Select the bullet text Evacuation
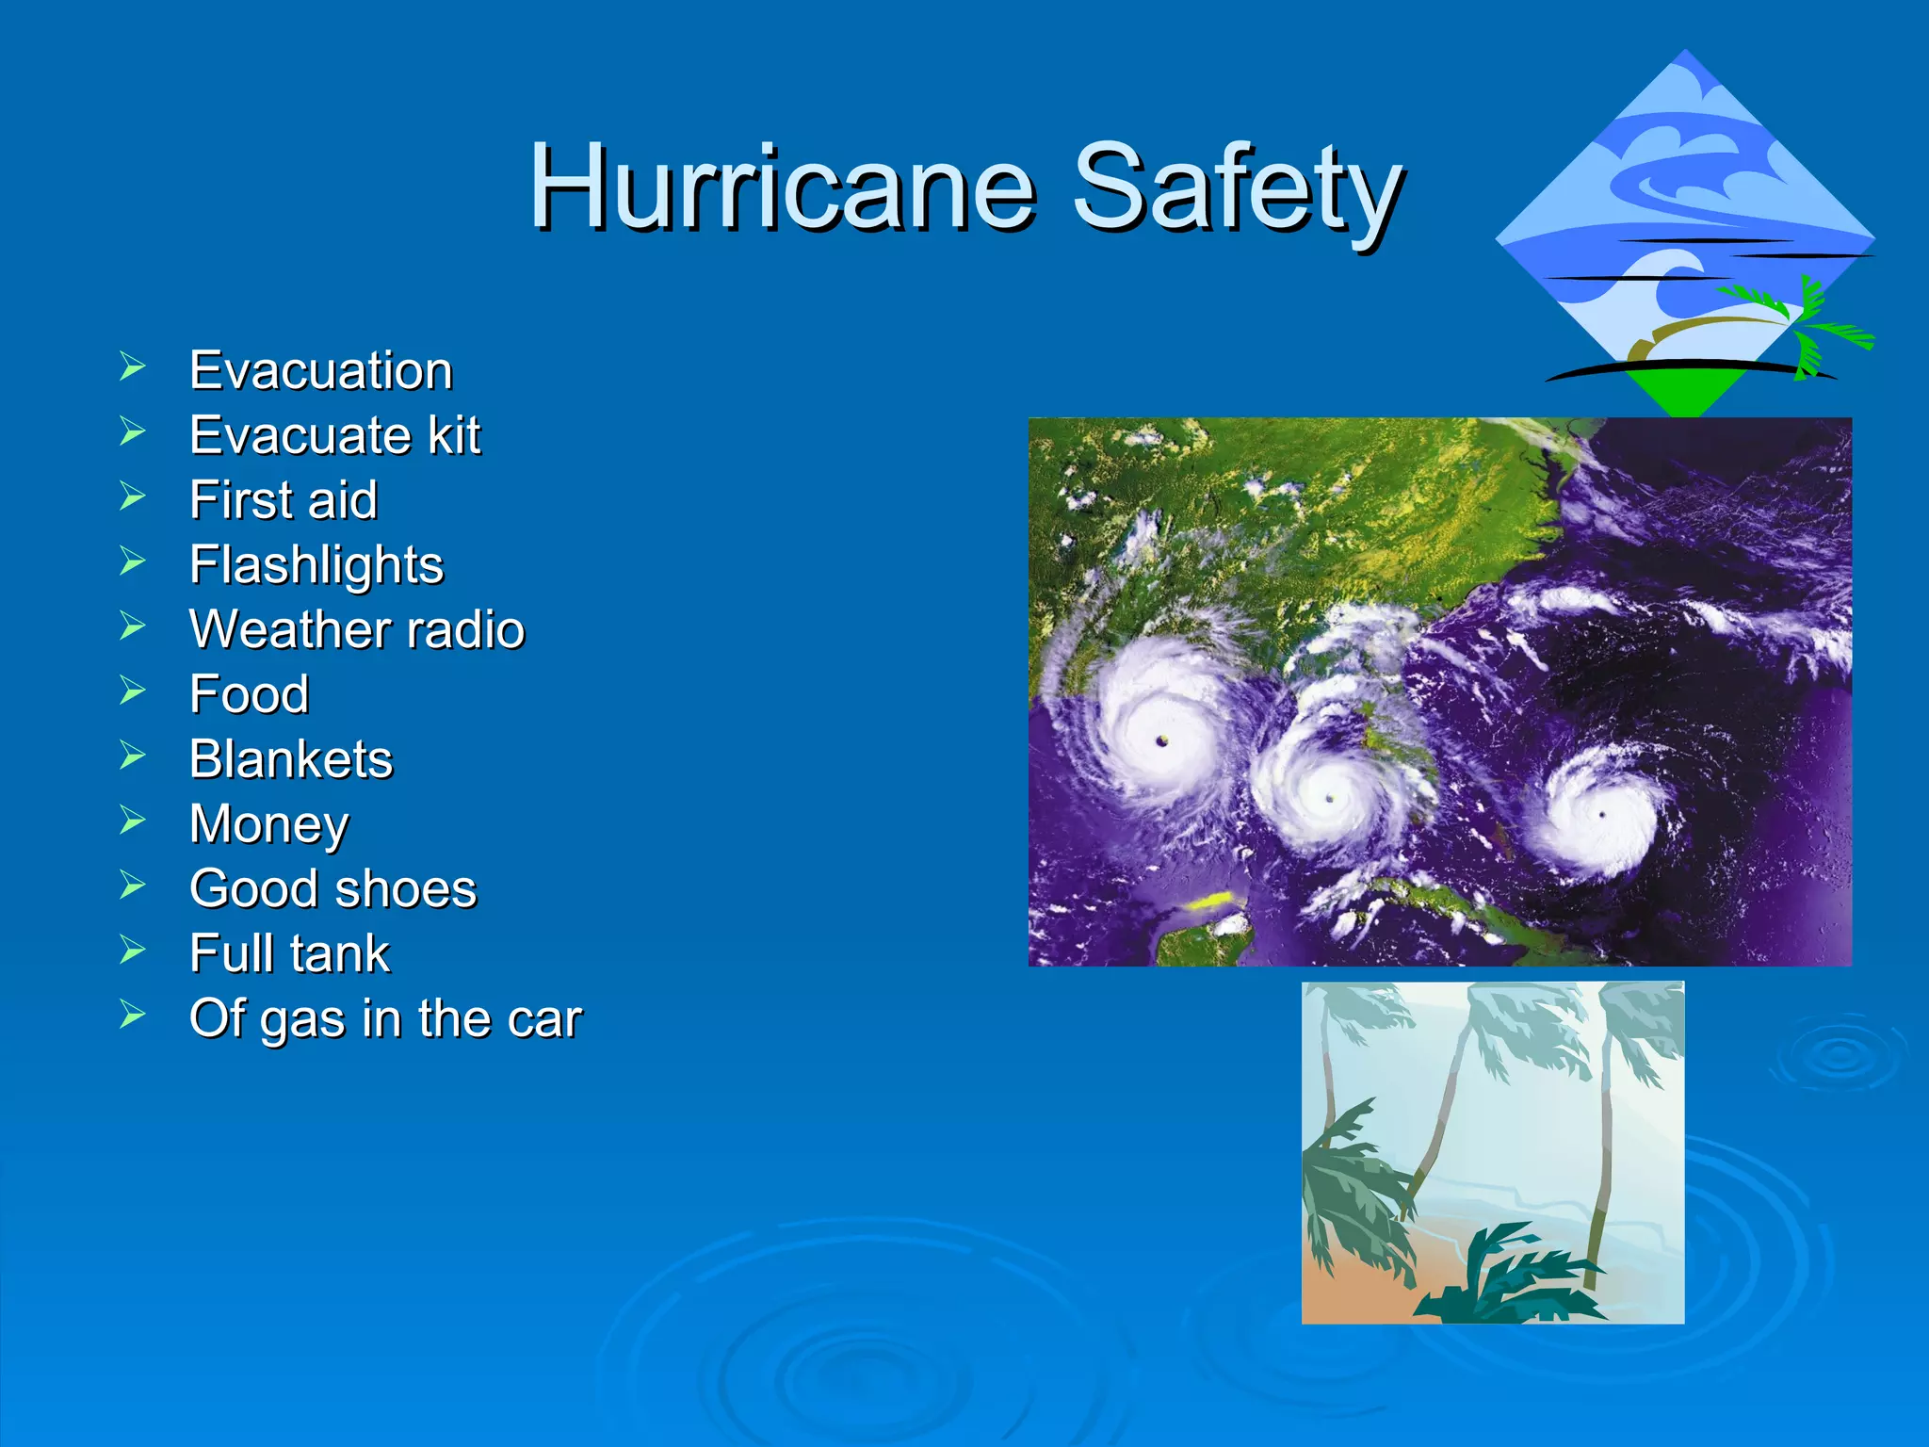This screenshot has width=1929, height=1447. [x=321, y=370]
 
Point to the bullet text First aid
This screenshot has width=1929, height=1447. [x=284, y=500]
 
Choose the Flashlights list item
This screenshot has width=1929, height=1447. [x=316, y=565]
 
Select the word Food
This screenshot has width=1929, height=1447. [x=250, y=694]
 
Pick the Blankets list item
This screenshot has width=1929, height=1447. [x=291, y=759]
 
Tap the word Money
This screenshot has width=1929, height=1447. [x=269, y=824]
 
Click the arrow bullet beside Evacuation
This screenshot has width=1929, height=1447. [x=133, y=366]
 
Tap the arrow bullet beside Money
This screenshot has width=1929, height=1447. [x=133, y=821]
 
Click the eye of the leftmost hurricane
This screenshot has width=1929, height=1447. [x=1161, y=740]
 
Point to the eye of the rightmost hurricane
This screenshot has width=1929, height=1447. [x=1602, y=815]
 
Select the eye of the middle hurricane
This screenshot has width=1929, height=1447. [x=1330, y=798]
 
